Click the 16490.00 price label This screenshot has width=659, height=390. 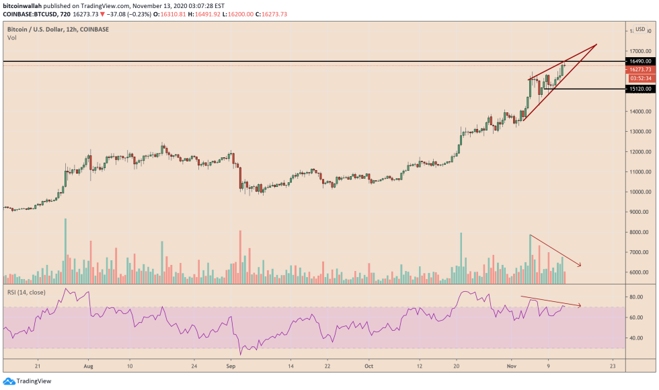click(x=638, y=61)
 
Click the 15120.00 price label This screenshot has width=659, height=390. click(x=638, y=88)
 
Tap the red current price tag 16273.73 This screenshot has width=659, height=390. click(x=638, y=69)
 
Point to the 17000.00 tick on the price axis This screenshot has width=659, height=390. click(x=638, y=51)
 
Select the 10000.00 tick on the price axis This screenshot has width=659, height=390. click(x=638, y=192)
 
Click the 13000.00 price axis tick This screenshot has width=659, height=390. click(x=638, y=131)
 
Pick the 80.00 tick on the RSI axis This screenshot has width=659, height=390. click(x=636, y=297)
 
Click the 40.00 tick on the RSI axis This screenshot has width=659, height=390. click(x=636, y=338)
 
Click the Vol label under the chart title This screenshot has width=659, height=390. click(x=11, y=38)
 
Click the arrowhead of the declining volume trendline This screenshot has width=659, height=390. click(x=579, y=265)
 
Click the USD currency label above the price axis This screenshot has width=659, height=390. click(x=640, y=29)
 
